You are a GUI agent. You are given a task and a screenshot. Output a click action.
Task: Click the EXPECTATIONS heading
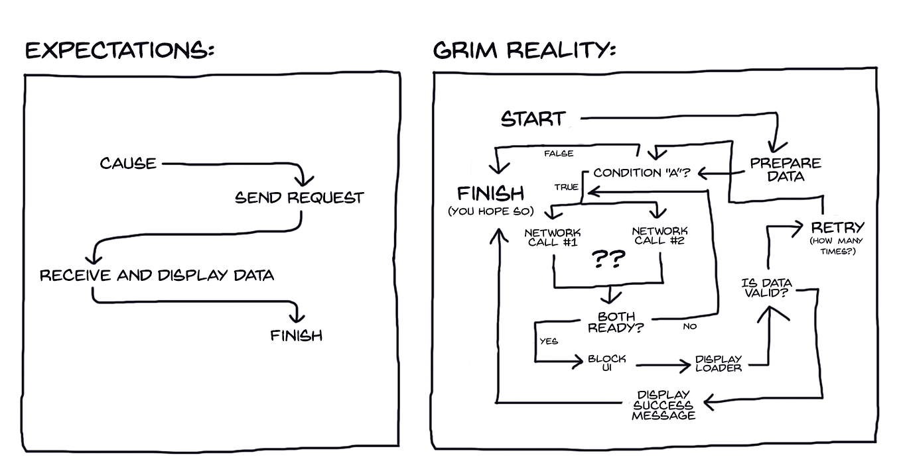[119, 50]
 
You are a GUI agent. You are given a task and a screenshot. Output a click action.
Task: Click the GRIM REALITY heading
[524, 50]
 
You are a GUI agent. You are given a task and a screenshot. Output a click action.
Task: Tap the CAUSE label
[128, 163]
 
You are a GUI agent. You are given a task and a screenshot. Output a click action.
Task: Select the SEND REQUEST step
[299, 197]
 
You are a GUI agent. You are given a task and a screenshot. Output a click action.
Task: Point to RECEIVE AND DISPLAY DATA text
[157, 275]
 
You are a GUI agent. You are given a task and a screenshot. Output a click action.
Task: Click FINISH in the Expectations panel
[296, 335]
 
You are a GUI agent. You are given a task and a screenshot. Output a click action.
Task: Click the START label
[533, 119]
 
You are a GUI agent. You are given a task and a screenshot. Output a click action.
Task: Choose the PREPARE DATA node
[785, 170]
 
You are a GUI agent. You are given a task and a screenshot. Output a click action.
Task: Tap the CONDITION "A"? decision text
[642, 173]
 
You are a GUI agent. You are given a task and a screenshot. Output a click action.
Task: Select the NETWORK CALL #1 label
[553, 237]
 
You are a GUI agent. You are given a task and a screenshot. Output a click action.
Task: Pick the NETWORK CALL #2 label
[660, 235]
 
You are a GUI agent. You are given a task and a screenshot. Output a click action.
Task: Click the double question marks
[608, 260]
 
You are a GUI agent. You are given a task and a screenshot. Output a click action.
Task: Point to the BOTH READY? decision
[616, 322]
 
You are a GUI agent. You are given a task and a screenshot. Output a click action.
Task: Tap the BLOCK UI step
[606, 363]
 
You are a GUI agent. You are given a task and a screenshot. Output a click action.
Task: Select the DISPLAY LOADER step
[718, 363]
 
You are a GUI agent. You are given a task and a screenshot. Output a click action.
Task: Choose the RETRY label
[837, 227]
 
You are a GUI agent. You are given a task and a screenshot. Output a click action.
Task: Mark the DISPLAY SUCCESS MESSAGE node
[663, 405]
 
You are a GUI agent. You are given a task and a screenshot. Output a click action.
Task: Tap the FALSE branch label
[559, 154]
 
